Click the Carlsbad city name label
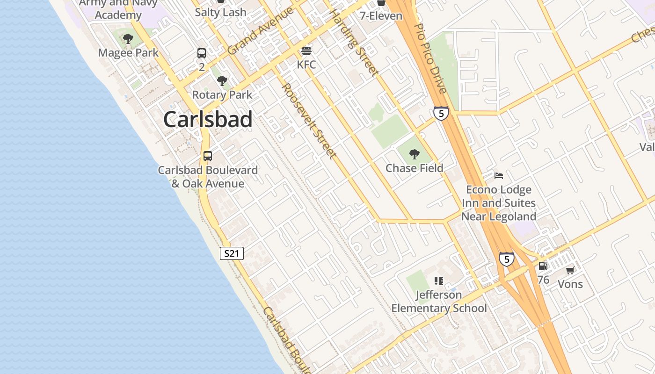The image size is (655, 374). click(208, 120)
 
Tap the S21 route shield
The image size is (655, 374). click(232, 254)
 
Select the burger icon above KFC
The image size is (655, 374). click(306, 50)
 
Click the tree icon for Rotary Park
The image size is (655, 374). click(222, 81)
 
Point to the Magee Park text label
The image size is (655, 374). click(128, 53)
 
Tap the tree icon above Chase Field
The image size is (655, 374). click(414, 154)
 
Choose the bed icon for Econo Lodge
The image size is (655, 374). click(499, 176)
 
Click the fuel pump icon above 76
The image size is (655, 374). click(543, 266)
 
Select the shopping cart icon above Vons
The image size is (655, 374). click(570, 270)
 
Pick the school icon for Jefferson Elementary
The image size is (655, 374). click(438, 281)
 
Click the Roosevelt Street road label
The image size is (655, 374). click(309, 121)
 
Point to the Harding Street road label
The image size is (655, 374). click(354, 42)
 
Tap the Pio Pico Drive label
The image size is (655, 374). click(431, 58)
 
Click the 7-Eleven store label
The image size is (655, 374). click(381, 16)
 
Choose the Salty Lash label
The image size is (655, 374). click(220, 13)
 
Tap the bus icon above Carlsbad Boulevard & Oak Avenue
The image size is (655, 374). click(208, 156)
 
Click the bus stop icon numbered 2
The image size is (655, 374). click(202, 53)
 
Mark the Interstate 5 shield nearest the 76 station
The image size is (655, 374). click(506, 259)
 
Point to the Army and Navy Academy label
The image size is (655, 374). click(118, 9)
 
